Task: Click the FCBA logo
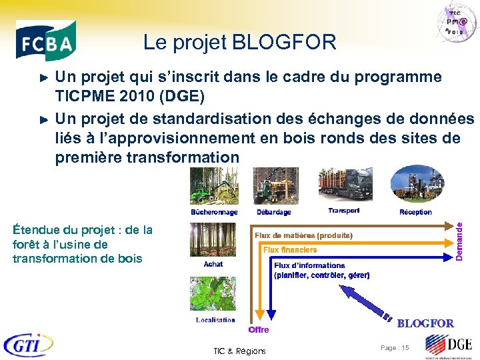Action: [46, 41]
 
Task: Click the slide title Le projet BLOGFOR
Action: [239, 43]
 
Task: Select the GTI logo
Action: [28, 345]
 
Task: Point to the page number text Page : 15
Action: [395, 348]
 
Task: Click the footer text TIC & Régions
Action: [239, 351]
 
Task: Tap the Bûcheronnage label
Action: [214, 212]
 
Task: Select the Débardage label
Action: [273, 212]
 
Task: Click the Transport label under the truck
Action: [344, 211]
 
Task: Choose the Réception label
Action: [415, 212]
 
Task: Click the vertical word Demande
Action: [459, 232]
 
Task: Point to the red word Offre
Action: [259, 329]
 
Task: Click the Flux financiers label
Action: [290, 249]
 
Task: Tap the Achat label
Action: [213, 264]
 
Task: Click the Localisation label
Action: [215, 320]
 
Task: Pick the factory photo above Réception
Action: [417, 185]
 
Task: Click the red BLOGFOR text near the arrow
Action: [425, 323]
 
